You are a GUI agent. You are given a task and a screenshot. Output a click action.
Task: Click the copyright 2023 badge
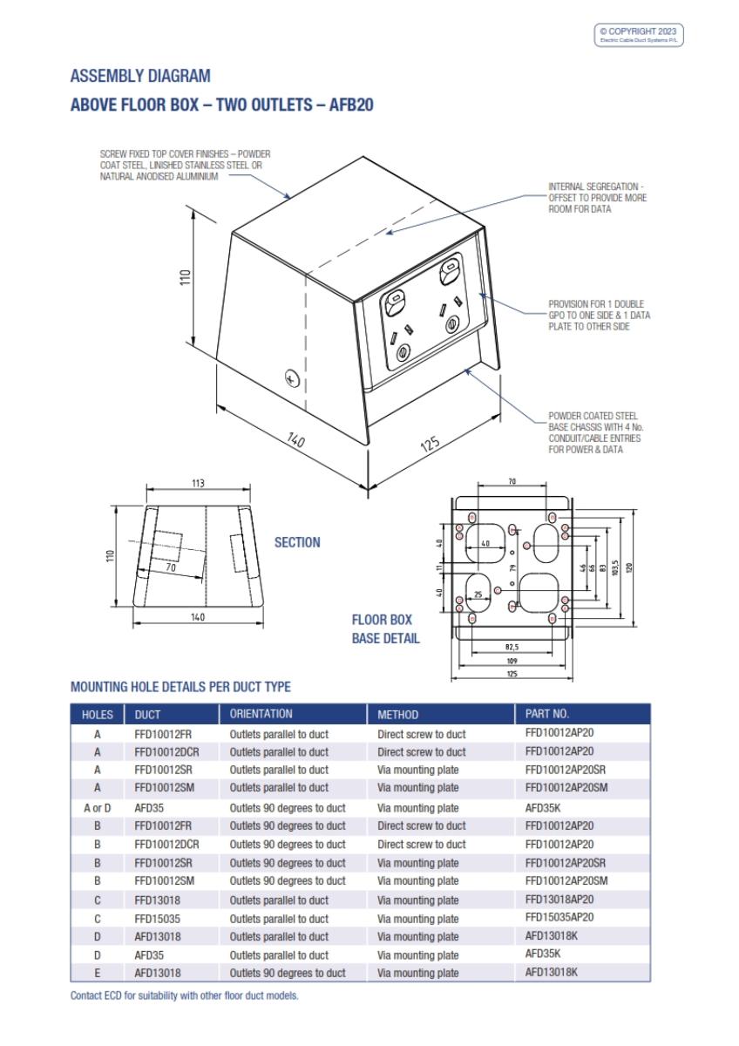coord(640,36)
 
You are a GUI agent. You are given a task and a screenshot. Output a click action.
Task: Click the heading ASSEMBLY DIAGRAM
coord(140,77)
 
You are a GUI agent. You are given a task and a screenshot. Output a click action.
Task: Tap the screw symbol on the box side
coord(293,377)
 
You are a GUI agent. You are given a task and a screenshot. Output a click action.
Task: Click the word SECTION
coord(297,542)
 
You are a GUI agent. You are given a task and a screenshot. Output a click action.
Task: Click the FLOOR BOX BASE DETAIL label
coord(385,629)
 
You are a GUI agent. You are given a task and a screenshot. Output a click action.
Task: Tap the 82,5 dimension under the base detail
coord(512,648)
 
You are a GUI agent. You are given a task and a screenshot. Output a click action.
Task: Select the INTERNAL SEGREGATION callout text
coord(597,198)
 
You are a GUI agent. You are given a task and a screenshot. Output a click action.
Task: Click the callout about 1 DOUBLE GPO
coord(599,316)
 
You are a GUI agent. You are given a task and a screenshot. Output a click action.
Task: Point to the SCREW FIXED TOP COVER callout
coord(186,165)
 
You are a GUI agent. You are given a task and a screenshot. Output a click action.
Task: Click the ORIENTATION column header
coord(261,714)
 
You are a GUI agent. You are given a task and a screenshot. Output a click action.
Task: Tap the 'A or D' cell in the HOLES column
coord(98,807)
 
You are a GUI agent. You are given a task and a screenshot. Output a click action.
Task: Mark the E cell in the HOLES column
coord(98,973)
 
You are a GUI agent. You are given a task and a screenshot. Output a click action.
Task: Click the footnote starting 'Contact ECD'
coord(184,996)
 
